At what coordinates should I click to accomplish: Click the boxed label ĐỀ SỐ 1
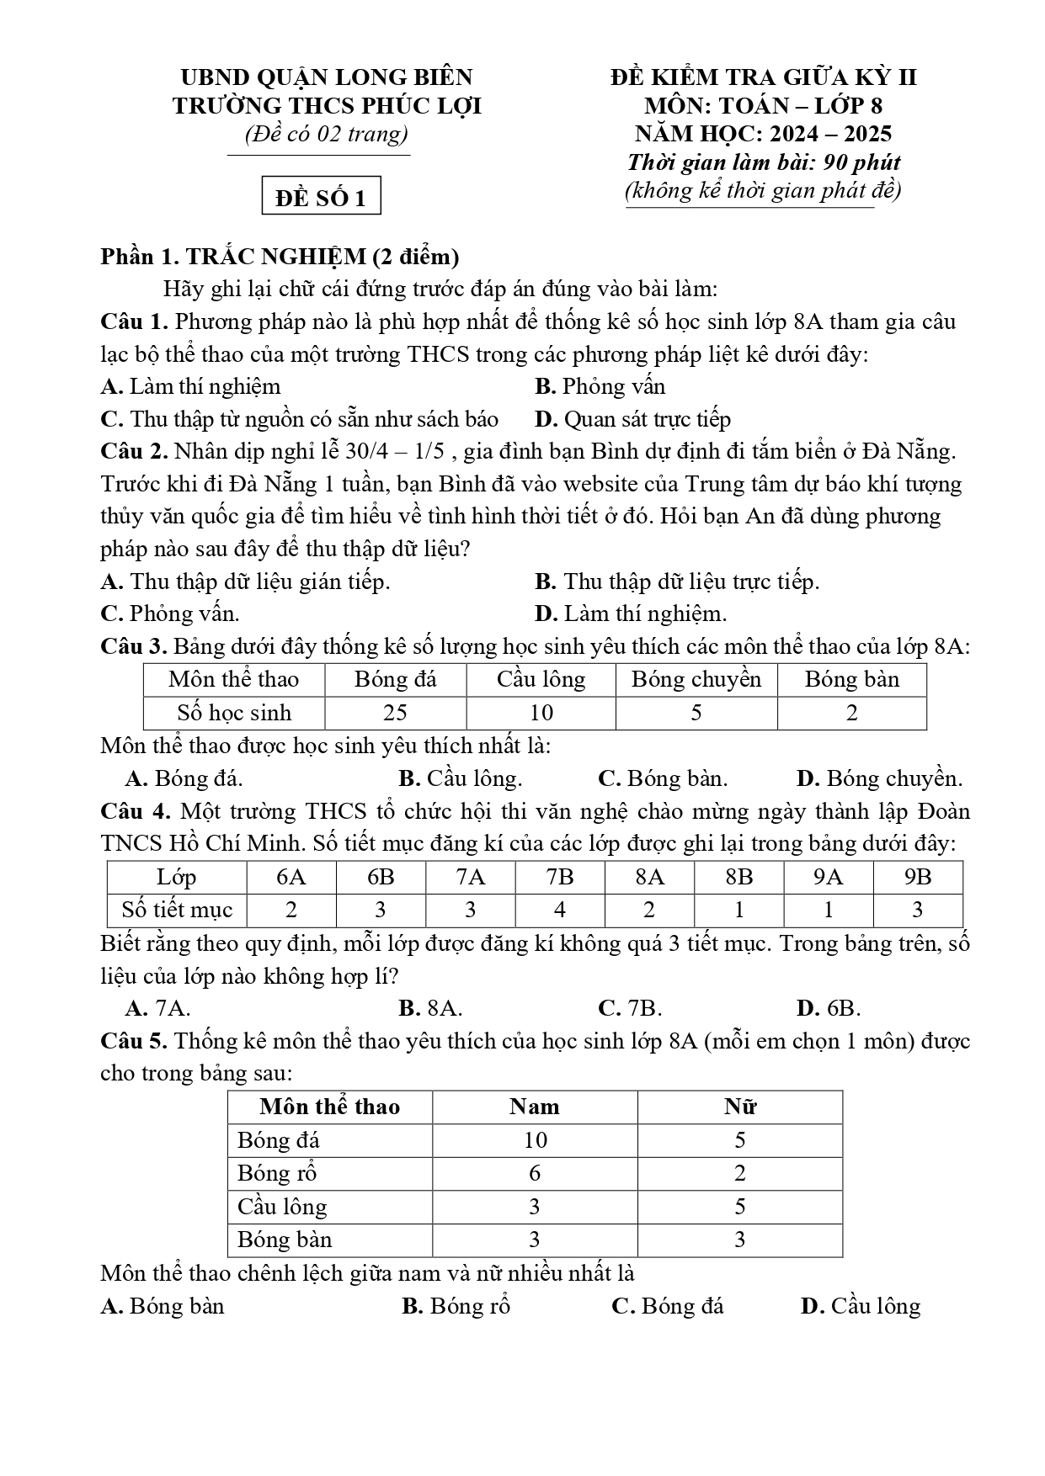click(321, 198)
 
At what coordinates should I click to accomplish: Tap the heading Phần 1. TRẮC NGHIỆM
click(279, 256)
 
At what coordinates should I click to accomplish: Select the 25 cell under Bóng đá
click(395, 713)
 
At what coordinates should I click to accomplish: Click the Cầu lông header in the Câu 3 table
click(541, 680)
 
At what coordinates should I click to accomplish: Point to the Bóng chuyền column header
click(696, 680)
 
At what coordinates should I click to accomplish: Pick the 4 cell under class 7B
click(560, 910)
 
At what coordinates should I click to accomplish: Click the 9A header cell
click(828, 877)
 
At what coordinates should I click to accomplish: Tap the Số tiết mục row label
click(177, 910)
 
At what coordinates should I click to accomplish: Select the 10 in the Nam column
click(535, 1140)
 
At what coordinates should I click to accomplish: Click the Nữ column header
click(739, 1107)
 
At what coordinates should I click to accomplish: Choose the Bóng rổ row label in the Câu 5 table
click(277, 1173)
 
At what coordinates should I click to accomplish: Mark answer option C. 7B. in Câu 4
click(629, 1008)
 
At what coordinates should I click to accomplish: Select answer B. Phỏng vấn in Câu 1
click(600, 386)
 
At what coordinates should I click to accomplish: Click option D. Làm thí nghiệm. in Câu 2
click(630, 613)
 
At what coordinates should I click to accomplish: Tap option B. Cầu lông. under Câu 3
click(460, 778)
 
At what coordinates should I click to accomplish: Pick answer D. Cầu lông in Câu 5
click(860, 1306)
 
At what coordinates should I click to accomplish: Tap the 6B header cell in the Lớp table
click(381, 877)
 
